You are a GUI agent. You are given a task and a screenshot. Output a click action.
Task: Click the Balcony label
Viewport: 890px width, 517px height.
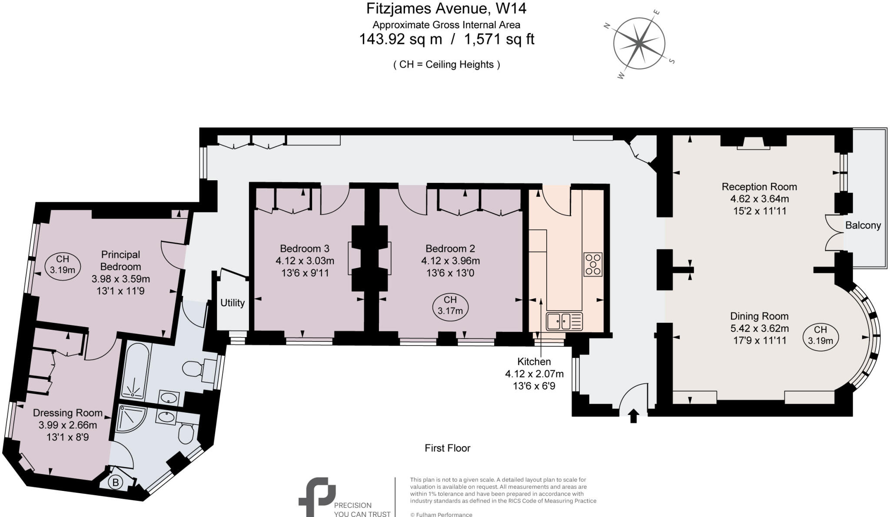863,225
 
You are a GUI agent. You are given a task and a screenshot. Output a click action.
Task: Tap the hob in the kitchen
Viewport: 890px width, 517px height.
593,264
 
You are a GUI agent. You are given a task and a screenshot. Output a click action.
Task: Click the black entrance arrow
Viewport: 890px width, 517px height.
633,416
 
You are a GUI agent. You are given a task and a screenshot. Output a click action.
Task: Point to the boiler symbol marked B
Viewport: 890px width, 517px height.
116,483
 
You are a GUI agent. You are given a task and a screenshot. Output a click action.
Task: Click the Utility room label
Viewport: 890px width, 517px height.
232,303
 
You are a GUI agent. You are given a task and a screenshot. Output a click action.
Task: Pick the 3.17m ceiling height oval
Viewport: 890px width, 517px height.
450,305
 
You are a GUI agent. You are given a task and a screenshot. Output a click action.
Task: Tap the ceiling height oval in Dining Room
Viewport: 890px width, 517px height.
820,335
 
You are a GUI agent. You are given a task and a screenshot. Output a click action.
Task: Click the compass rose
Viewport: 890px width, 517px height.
639,43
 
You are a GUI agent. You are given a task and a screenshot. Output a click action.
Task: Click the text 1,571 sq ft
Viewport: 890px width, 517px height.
499,39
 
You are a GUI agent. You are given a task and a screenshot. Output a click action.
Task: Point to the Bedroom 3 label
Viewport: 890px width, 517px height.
305,249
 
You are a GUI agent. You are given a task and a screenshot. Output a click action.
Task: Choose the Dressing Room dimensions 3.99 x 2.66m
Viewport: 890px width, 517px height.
68,425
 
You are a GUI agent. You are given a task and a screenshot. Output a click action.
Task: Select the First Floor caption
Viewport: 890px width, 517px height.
447,448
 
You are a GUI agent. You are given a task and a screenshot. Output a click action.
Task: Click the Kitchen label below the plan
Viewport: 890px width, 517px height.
534,361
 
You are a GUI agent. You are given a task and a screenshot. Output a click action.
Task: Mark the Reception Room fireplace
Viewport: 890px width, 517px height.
753,143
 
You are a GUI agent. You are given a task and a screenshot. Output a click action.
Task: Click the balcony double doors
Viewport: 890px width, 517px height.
834,232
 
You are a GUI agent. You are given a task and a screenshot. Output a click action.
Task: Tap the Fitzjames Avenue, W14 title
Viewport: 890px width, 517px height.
446,9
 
